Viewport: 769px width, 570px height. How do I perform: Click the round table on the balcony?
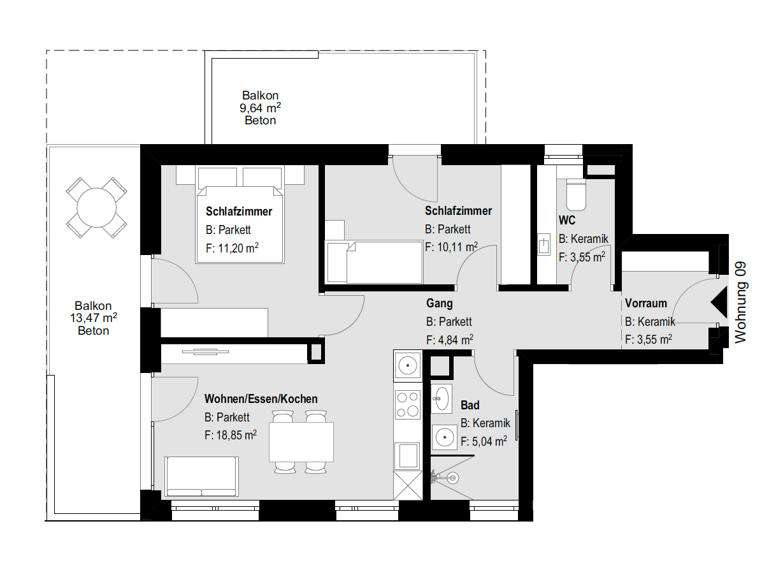coord(96,208)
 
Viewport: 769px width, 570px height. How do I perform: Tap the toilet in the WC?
coord(576,194)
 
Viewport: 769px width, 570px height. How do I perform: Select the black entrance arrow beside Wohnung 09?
coord(719,302)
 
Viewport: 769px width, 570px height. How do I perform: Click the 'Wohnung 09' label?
coord(740,302)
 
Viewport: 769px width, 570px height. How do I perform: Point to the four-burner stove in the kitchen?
coord(408,404)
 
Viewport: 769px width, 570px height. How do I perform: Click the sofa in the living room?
coord(201,476)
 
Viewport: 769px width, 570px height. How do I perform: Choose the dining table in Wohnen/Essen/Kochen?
coord(301,442)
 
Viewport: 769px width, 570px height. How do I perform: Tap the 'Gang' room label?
coord(439,303)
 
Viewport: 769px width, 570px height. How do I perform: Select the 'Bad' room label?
coord(470,405)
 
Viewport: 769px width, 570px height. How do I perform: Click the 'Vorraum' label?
coord(645,303)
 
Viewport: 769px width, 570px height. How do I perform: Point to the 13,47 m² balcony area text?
coord(93,318)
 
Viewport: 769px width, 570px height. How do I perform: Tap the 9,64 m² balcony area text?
coord(260,108)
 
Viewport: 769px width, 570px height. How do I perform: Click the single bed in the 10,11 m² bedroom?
coord(375,262)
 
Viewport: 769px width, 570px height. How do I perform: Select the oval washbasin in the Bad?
coord(442,398)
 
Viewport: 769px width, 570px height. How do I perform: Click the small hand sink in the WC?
coord(543,245)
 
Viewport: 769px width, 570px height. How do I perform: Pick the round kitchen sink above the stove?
coord(408,365)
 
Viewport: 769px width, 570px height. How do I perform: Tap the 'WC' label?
coord(567,221)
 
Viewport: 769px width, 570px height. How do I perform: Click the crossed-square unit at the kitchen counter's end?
coord(408,485)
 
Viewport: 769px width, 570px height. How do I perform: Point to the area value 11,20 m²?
coord(232,249)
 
